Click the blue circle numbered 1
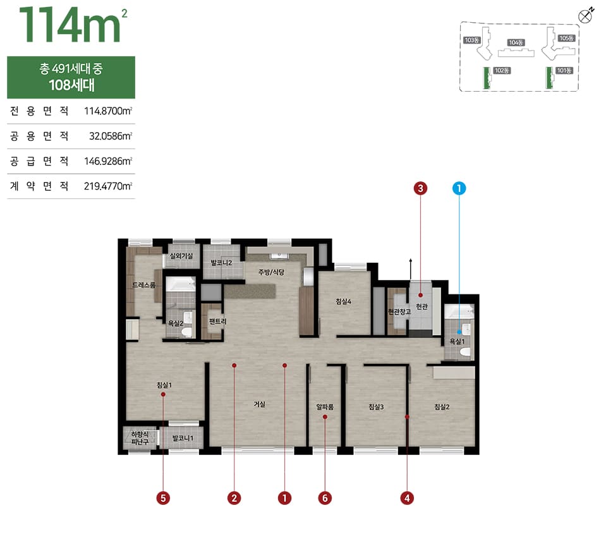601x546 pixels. [x=459, y=188]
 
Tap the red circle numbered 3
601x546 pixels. [x=420, y=188]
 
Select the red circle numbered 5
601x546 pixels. [x=163, y=498]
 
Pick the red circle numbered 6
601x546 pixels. [x=325, y=498]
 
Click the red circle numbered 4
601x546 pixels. [x=407, y=498]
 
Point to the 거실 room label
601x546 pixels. [x=260, y=404]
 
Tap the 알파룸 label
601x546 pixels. [x=325, y=407]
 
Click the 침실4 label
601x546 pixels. [x=343, y=301]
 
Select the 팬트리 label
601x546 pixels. [x=217, y=321]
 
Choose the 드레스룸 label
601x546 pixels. [x=144, y=284]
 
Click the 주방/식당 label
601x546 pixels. [x=271, y=272]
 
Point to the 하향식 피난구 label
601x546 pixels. [x=140, y=438]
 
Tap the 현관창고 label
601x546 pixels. [x=399, y=312]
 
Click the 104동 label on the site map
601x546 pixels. [x=516, y=42]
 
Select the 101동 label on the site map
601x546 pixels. [x=564, y=71]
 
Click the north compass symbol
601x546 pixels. [x=585, y=16]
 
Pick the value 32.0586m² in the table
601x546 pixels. [x=111, y=136]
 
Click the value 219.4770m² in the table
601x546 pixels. [x=108, y=186]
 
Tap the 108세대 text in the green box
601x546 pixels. [x=71, y=85]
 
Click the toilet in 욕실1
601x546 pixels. [x=466, y=353]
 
